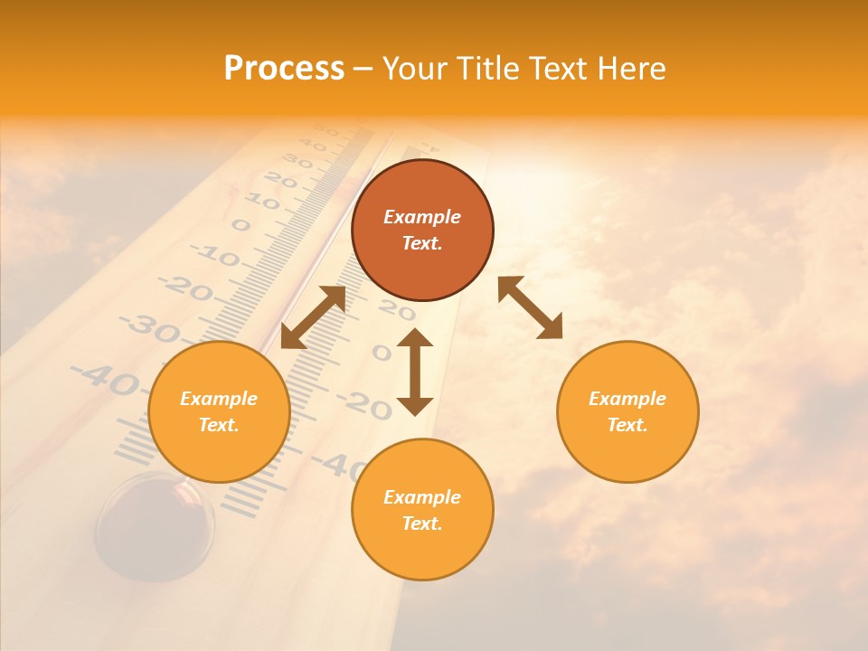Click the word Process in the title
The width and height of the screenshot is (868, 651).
[284, 69]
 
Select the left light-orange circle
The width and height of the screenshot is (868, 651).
[219, 411]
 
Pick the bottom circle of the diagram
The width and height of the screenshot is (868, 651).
[422, 510]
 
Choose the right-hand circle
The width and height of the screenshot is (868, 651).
[627, 411]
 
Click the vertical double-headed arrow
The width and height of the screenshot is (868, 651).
[415, 372]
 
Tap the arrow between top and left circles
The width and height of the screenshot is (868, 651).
[313, 317]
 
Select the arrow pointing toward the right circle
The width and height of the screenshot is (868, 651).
[530, 307]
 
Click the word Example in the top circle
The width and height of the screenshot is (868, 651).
[422, 217]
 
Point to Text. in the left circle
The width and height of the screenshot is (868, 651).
[219, 425]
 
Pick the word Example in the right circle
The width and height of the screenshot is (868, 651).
[627, 399]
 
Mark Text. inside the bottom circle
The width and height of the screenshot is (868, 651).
[422, 524]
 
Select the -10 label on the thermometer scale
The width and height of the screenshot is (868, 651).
[218, 258]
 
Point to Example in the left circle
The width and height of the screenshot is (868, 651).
[219, 399]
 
